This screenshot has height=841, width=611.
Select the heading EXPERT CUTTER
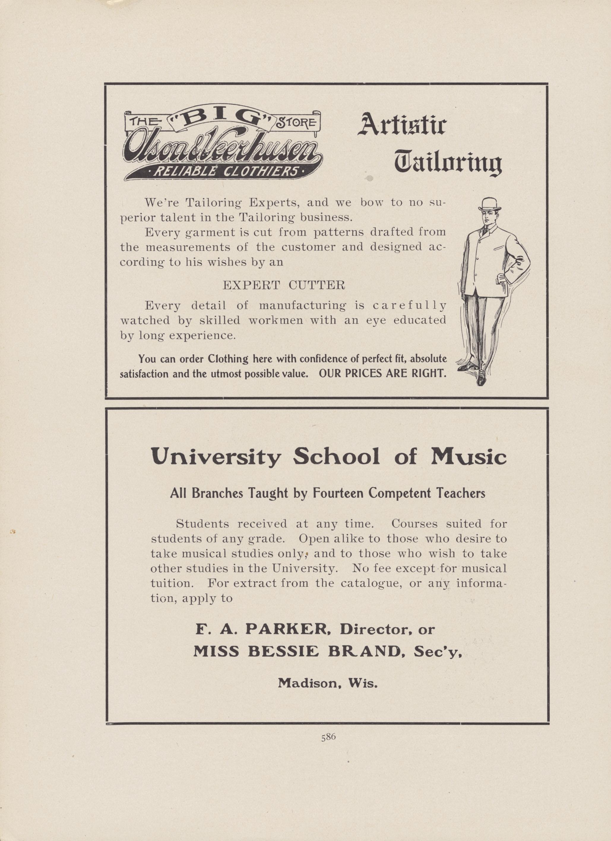(284, 285)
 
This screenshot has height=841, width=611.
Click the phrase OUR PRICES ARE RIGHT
(382, 373)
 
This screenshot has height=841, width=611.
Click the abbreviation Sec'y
(438, 651)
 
